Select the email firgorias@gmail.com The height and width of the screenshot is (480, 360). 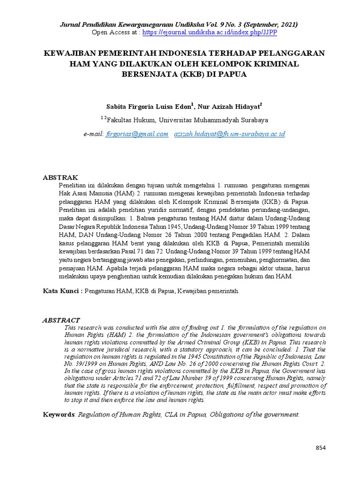[137, 134]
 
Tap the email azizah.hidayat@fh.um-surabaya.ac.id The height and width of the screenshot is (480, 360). [229, 134]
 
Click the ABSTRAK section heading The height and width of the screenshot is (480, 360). [60, 178]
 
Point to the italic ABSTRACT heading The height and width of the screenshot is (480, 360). [61, 320]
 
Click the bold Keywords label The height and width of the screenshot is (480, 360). [59, 414]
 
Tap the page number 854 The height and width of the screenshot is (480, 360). [320, 448]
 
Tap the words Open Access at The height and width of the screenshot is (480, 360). [115, 32]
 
